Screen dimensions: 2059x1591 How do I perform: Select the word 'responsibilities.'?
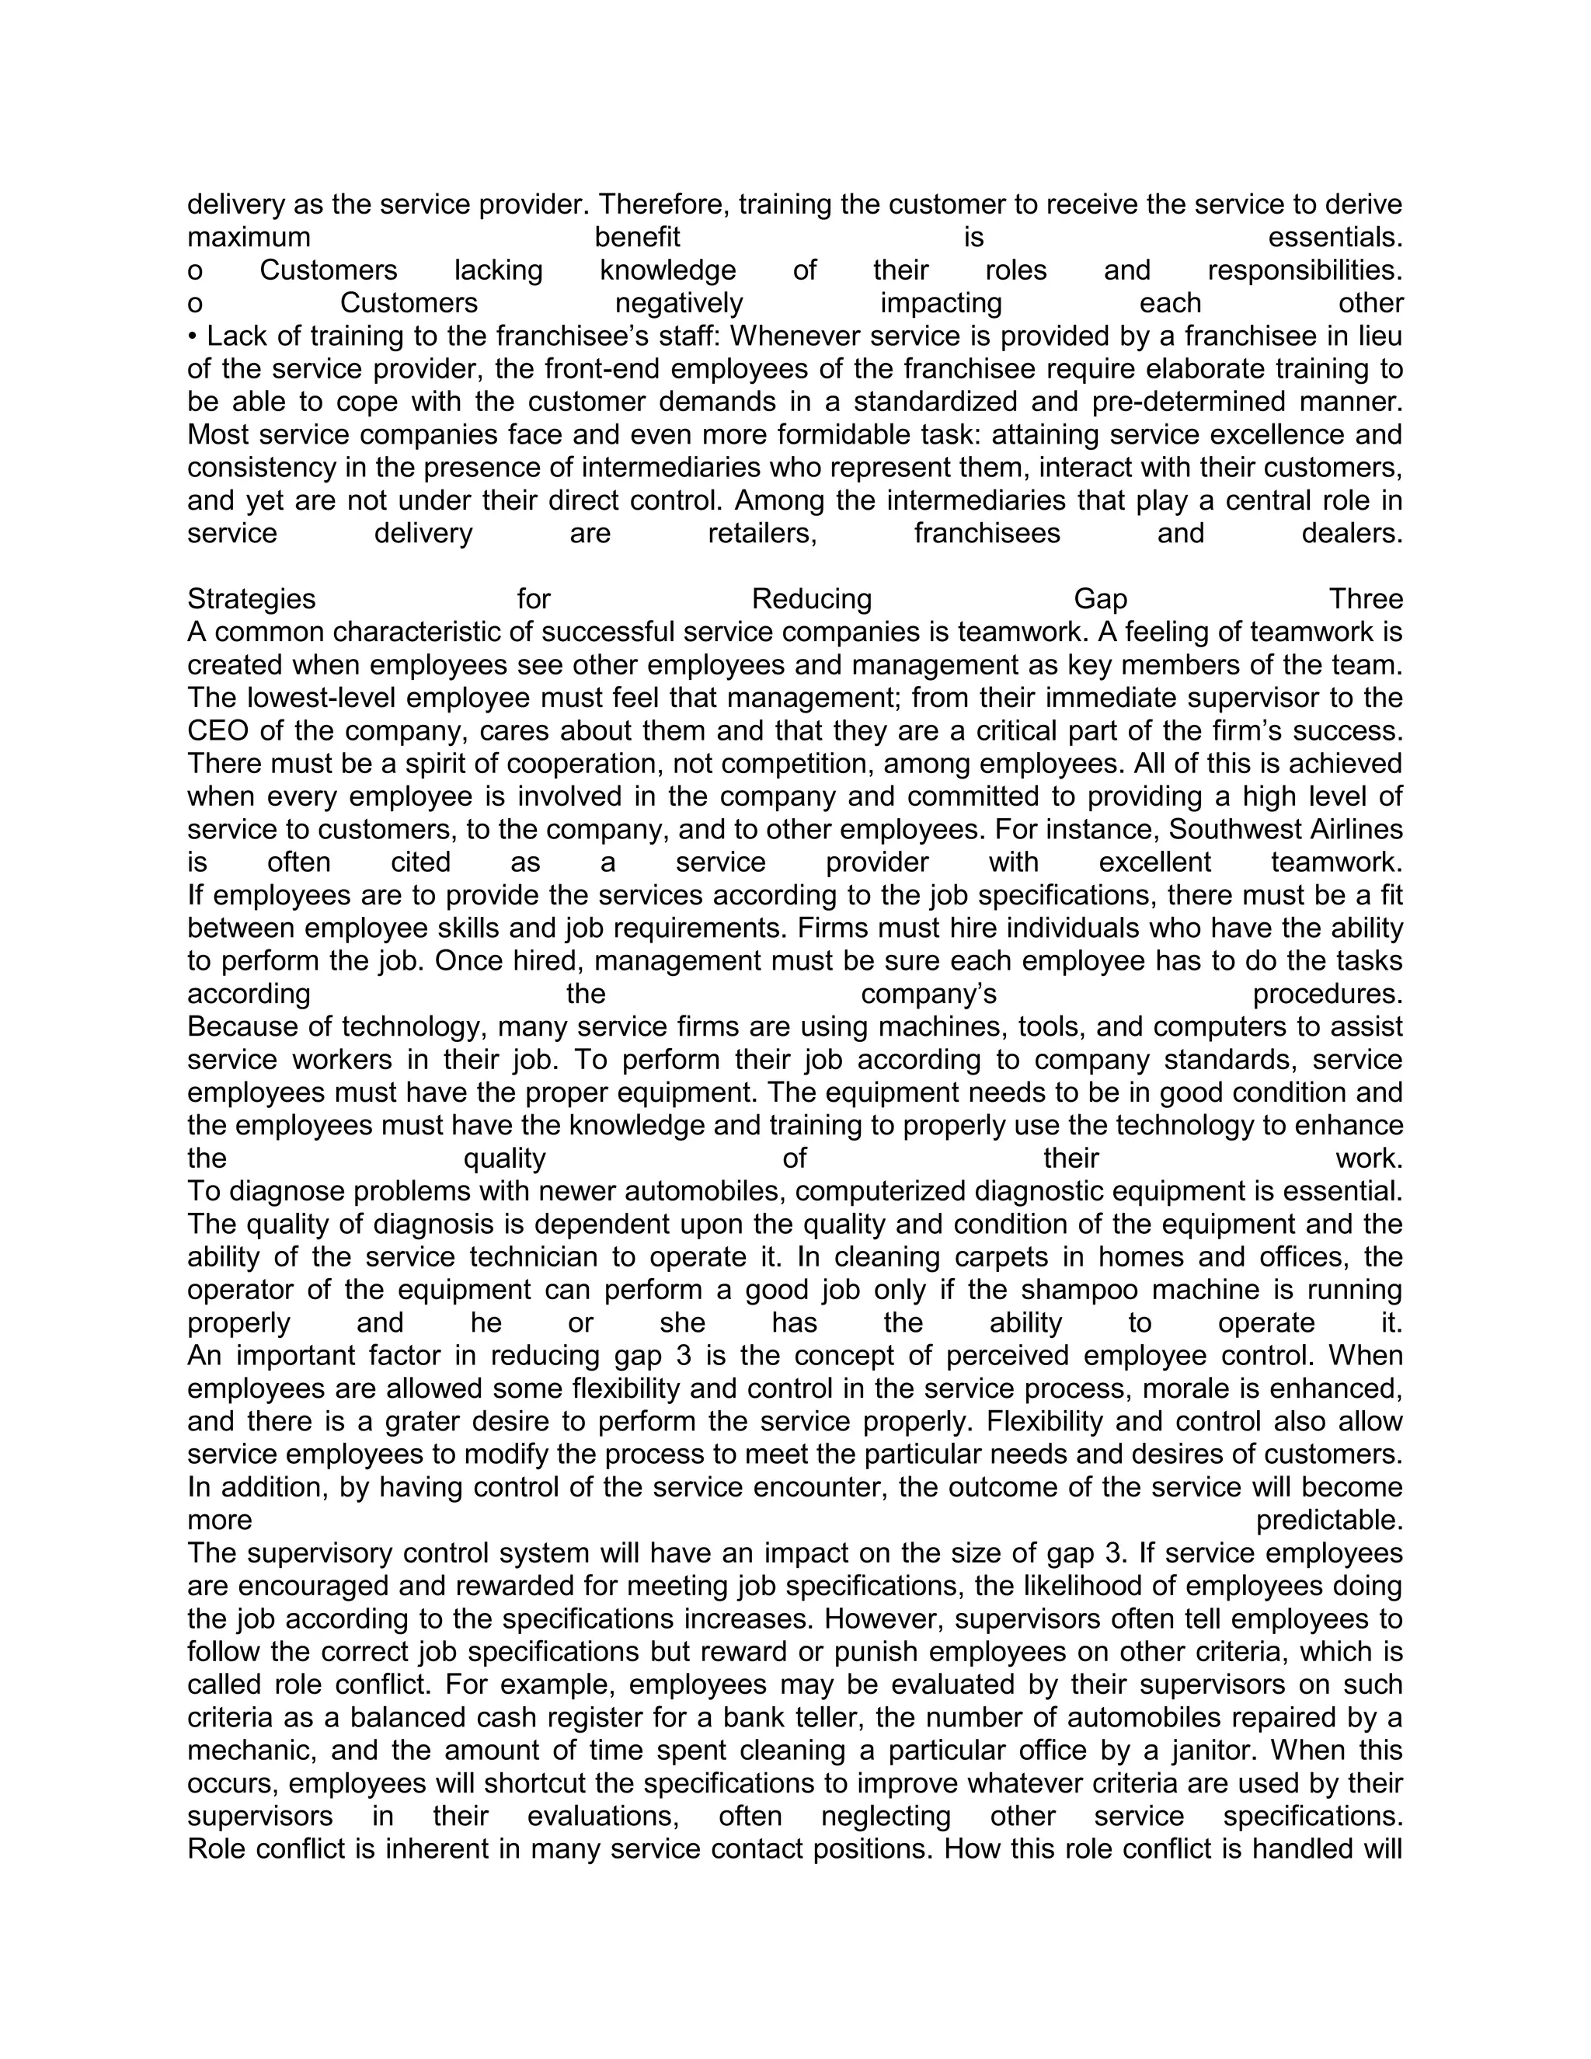coord(1304,270)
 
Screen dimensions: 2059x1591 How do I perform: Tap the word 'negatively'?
coord(679,304)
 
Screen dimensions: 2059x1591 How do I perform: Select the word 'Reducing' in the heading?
coord(812,600)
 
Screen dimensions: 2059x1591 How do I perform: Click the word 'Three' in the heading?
coord(1366,600)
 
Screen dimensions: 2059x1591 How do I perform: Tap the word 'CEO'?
coord(217,732)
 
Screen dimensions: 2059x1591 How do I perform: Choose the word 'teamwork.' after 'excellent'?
coord(1336,862)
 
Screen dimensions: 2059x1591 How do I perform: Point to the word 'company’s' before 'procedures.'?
coord(928,995)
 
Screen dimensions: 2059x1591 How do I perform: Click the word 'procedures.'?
coord(1327,995)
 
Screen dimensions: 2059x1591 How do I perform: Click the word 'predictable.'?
coord(1329,1521)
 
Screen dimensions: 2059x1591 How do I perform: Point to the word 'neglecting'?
coord(886,1817)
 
